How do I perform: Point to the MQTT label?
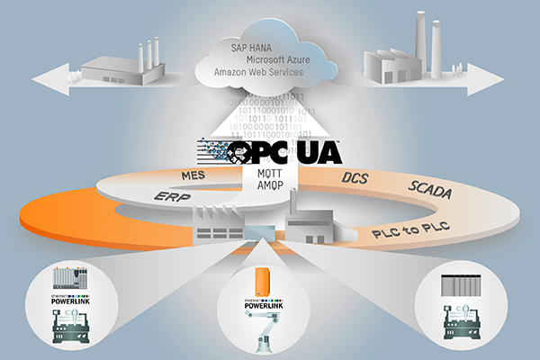[x=271, y=170]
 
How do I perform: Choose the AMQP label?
[x=271, y=182]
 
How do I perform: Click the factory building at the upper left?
[x=121, y=63]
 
